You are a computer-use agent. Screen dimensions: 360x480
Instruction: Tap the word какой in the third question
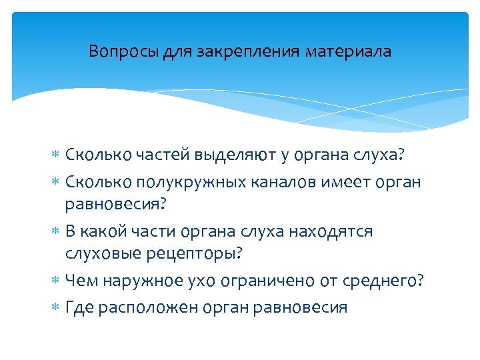106,231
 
